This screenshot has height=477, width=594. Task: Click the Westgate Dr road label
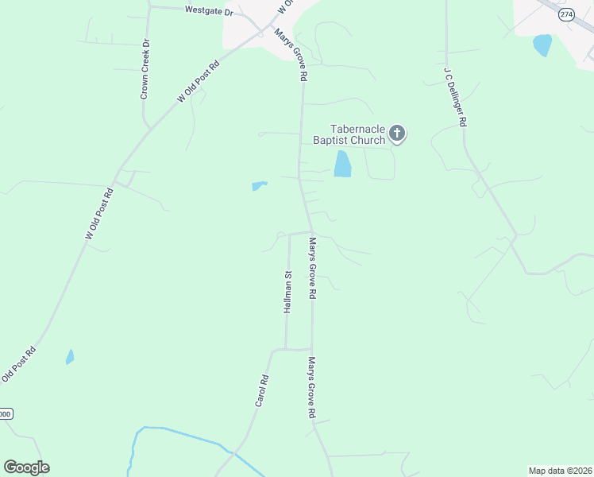click(208, 11)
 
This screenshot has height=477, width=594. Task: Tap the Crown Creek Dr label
click(145, 70)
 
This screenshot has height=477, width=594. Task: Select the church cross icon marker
click(397, 134)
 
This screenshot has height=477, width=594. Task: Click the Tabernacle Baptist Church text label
click(357, 134)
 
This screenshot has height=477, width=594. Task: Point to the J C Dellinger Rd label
click(455, 97)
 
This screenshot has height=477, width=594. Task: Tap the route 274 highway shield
click(565, 15)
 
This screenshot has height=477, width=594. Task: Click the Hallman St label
click(288, 292)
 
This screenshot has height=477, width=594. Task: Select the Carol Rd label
click(263, 391)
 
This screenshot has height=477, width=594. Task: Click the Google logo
click(26, 467)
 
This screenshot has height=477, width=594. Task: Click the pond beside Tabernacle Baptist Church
click(343, 164)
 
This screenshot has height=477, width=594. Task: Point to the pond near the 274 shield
click(543, 45)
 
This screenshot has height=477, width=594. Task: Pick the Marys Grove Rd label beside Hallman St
click(313, 268)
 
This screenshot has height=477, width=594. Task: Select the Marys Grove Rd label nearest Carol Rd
click(312, 387)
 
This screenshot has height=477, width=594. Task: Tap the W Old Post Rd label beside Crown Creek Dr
click(197, 84)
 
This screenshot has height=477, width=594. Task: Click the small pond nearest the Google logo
click(70, 357)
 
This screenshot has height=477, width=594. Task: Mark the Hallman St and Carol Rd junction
click(274, 349)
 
